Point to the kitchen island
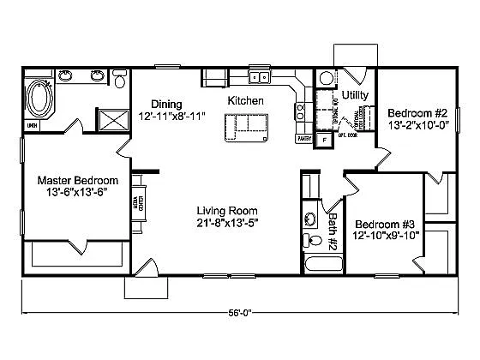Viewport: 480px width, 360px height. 245,127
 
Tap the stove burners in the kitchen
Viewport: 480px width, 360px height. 302,110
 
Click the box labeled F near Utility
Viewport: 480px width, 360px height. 324,138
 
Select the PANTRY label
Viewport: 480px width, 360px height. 303,137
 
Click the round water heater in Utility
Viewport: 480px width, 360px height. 325,79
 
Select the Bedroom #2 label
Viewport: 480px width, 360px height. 417,113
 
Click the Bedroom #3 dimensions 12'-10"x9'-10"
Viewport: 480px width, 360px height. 386,235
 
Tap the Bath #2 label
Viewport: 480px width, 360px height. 335,229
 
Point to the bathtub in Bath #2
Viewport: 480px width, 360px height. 318,263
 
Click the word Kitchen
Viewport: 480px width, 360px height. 245,101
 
